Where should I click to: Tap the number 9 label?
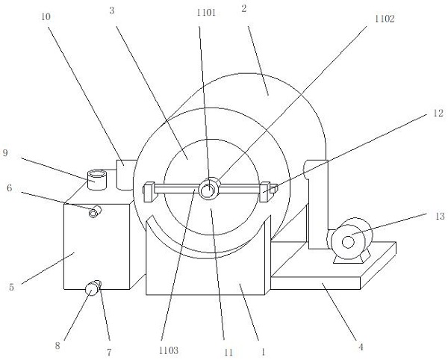6,153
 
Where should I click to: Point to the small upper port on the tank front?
94,214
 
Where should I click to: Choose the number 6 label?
8,187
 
